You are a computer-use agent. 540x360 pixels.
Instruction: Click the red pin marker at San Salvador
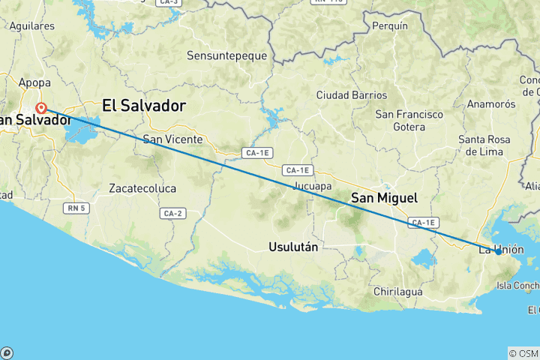(41, 108)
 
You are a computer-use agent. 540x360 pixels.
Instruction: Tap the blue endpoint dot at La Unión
(498, 252)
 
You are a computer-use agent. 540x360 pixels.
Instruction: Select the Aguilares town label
(31, 25)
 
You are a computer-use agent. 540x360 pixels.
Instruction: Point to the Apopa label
(34, 82)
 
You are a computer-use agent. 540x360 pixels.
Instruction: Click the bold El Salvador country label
(143, 106)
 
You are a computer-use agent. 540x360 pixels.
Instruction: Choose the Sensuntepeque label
(223, 56)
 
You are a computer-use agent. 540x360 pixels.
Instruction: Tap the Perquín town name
(390, 25)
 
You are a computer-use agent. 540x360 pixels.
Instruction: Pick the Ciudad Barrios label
(352, 95)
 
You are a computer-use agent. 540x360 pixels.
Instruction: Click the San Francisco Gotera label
(409, 121)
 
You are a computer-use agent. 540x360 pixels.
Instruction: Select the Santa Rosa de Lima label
(484, 145)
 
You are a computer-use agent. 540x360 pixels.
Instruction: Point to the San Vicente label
(172, 139)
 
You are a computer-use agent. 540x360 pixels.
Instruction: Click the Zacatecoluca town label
(142, 188)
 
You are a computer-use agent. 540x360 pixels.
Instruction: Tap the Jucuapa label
(313, 184)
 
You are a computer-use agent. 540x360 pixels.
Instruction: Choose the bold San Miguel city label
(385, 198)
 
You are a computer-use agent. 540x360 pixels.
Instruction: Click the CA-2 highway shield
(172, 214)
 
